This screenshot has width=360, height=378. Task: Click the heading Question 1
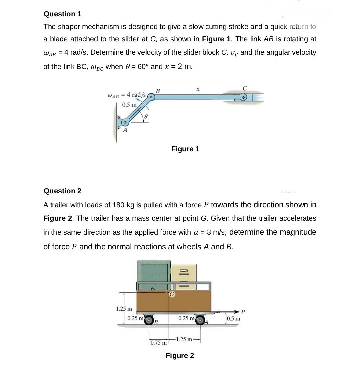click(62, 14)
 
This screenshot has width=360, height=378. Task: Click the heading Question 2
click(62, 191)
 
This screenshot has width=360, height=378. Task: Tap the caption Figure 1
click(185, 149)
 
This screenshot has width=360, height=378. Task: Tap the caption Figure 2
click(180, 356)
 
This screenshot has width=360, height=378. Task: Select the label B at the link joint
click(158, 90)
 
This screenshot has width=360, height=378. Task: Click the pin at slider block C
click(244, 97)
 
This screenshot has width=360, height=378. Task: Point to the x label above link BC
click(198, 89)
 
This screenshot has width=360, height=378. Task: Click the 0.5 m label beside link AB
click(129, 105)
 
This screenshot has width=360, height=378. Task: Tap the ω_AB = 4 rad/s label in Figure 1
click(127, 95)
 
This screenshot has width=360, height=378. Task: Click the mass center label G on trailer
click(172, 294)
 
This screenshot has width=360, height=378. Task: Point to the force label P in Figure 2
click(243, 312)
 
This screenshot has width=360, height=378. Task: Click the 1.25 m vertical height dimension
click(124, 309)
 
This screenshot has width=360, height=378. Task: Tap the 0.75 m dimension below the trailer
click(158, 343)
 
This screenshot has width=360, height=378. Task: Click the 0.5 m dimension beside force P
click(233, 318)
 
